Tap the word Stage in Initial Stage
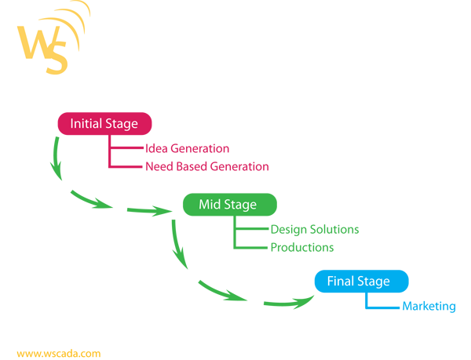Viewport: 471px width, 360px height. click(x=121, y=124)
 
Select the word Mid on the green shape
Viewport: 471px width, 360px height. click(x=210, y=205)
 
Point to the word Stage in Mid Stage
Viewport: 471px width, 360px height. click(x=240, y=205)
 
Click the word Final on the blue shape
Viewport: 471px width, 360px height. click(x=341, y=281)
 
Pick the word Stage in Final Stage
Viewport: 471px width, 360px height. click(x=373, y=282)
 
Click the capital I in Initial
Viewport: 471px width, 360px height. click(x=71, y=124)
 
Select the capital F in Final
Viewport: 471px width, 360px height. click(x=330, y=281)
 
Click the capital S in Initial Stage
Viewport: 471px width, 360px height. click(x=108, y=124)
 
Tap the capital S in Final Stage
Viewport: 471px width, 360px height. click(x=360, y=281)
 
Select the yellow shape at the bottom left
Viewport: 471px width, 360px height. click(x=71, y=306)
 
